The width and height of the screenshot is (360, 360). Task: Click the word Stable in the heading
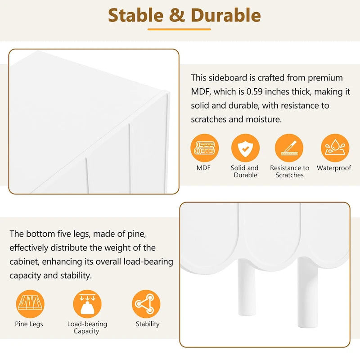click(x=135, y=15)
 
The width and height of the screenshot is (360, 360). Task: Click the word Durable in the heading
click(x=226, y=15)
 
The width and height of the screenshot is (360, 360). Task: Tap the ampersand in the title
click(x=177, y=15)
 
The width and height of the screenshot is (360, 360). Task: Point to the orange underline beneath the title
click(x=179, y=29)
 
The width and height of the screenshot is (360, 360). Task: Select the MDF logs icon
click(x=204, y=148)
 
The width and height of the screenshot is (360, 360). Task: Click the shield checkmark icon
click(x=245, y=148)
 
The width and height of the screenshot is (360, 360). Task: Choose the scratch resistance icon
click(x=289, y=148)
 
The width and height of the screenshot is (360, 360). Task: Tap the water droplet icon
click(x=335, y=148)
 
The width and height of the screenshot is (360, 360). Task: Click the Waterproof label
click(x=334, y=168)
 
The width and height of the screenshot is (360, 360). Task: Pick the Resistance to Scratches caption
click(x=289, y=171)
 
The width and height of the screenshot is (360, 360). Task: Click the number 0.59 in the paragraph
click(x=254, y=92)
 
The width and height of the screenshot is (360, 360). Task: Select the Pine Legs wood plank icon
click(x=30, y=304)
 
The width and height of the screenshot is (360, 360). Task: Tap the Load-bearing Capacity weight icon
click(x=87, y=304)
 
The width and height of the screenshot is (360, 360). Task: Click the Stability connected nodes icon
click(x=146, y=304)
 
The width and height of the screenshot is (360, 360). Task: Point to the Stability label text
click(x=148, y=324)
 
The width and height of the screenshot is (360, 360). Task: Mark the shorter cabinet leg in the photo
click(x=247, y=287)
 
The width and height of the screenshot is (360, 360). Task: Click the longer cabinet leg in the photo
click(x=308, y=292)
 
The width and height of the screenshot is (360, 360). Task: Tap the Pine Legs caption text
click(x=29, y=324)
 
